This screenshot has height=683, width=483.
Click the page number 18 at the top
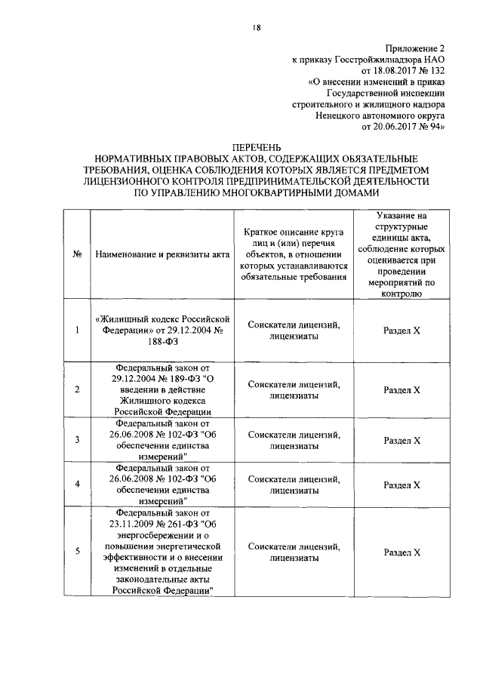[x=257, y=28]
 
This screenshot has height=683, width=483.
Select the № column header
[x=77, y=254]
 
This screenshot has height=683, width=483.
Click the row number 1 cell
[x=77, y=330]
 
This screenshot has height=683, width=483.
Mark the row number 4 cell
[x=77, y=484]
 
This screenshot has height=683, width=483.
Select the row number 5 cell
[x=77, y=552]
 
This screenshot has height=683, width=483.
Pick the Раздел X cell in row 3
[x=401, y=440]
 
